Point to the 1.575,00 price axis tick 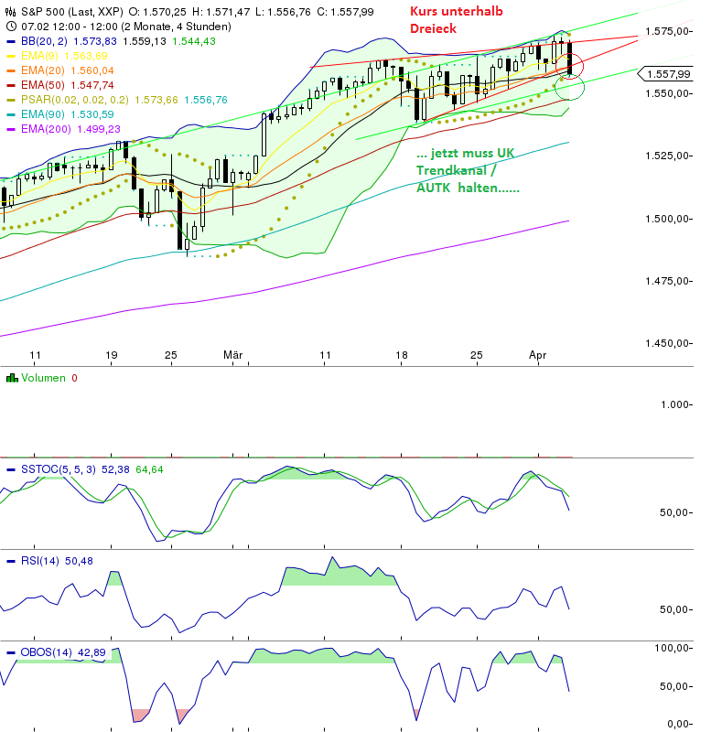pyautogui.click(x=668, y=31)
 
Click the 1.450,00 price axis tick pyautogui.click(x=668, y=344)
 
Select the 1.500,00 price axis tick pyautogui.click(x=668, y=219)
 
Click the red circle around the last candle pyautogui.click(x=573, y=63)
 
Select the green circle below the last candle pyautogui.click(x=568, y=88)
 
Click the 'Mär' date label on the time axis pyautogui.click(x=232, y=353)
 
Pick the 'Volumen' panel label pyautogui.click(x=44, y=378)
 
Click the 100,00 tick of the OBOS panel pyautogui.click(x=672, y=648)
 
